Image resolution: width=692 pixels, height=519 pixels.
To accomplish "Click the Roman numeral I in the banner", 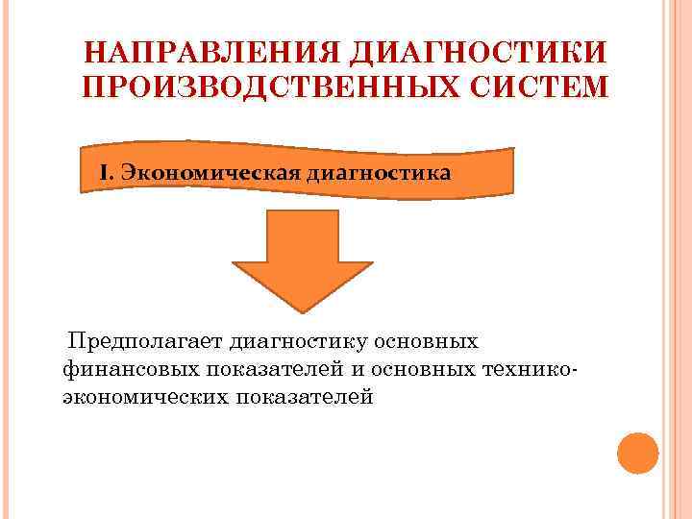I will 106,174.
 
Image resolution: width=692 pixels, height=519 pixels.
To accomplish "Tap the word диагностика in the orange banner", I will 378,174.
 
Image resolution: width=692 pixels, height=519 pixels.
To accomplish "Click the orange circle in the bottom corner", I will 637,452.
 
